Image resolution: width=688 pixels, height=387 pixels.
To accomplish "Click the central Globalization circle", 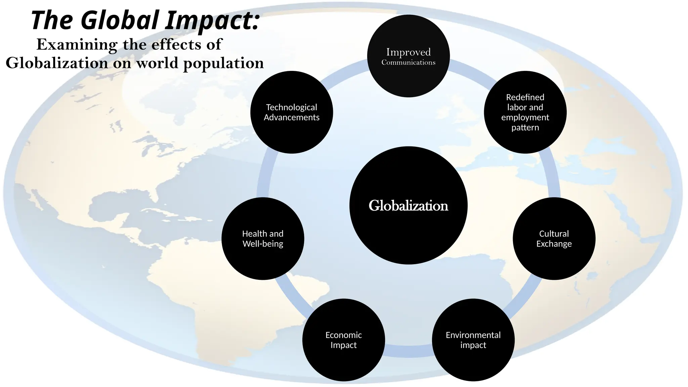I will [x=408, y=205].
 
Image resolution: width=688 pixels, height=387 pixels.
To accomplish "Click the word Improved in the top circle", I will [x=408, y=52].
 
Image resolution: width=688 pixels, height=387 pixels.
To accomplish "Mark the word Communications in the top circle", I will [x=408, y=62].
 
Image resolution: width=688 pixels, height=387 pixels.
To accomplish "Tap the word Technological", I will [x=292, y=107].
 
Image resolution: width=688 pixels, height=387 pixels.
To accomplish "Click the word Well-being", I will [x=263, y=244].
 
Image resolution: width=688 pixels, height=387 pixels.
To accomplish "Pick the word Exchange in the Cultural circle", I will [x=554, y=244].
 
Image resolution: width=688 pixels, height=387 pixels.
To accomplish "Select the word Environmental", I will [x=473, y=335].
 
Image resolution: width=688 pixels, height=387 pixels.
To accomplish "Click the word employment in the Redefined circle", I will [x=525, y=117].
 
